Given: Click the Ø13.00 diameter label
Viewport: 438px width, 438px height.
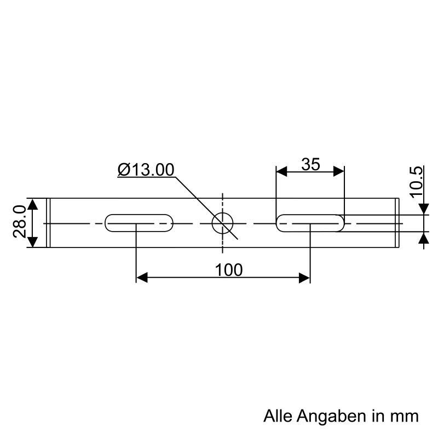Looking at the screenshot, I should tap(146, 170).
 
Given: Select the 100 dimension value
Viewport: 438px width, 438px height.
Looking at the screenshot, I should tap(229, 269).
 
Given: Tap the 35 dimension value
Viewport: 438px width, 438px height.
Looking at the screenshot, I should tap(310, 164).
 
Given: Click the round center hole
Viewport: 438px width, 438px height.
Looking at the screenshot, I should tap(222, 223).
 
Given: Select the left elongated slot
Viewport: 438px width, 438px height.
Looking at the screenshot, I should tap(139, 223).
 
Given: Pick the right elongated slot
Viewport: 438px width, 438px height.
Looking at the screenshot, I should tap(310, 223).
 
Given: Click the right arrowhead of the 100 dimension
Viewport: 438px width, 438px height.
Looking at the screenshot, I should tap(304, 278).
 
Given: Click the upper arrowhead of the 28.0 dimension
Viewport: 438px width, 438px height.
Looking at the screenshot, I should tap(33, 205).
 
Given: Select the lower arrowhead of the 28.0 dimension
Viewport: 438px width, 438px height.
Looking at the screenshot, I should tap(33, 241).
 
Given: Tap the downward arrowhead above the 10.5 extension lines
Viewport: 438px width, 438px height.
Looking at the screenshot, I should tap(423, 209).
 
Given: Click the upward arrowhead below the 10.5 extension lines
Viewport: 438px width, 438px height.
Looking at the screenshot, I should tap(423, 238).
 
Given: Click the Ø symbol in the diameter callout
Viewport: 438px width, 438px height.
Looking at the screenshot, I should tap(124, 170).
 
